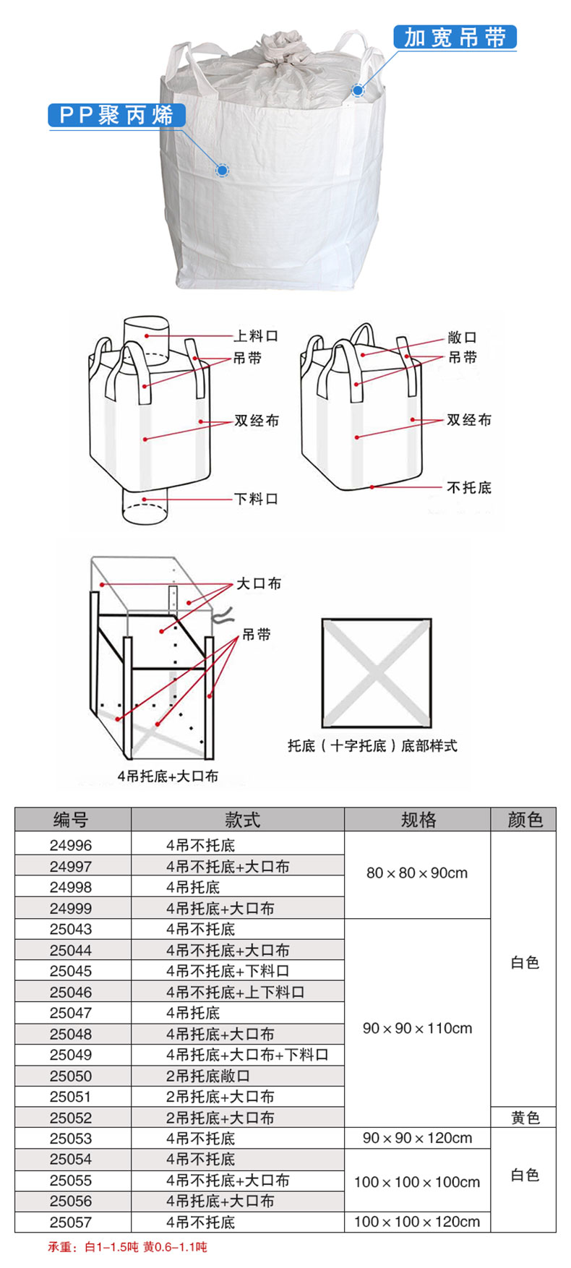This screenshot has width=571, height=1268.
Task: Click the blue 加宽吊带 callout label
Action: click(455, 37)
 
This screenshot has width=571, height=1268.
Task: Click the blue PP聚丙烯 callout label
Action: click(116, 115)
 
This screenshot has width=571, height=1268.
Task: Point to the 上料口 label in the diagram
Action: click(256, 335)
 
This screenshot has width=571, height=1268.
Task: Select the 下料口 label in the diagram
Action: click(256, 499)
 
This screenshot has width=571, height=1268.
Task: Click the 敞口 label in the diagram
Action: click(463, 337)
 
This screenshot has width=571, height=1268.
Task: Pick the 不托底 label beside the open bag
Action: click(468, 488)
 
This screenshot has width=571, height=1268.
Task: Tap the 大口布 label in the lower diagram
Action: click(259, 583)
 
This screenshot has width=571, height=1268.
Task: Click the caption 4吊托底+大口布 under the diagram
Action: click(168, 776)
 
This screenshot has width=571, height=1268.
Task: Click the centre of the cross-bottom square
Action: click(377, 673)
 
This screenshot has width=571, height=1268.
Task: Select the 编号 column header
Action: click(72, 820)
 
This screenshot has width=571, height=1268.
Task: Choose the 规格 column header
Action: click(418, 820)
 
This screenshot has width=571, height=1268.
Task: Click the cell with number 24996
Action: click(71, 845)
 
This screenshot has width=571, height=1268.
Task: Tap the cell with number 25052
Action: click(71, 1118)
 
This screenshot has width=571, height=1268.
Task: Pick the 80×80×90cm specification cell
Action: click(417, 873)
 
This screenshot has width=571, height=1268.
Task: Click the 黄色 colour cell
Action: click(525, 1118)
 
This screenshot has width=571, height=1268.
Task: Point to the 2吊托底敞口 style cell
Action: click(208, 1076)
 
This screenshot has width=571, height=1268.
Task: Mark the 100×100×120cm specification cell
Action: click(417, 1222)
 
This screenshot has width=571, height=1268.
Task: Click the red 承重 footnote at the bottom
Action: click(128, 1247)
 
